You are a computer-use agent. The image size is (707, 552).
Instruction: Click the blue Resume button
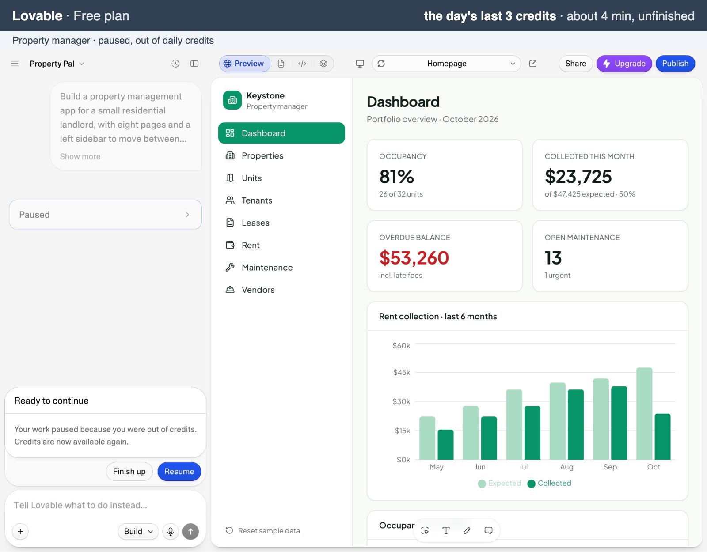[179, 471]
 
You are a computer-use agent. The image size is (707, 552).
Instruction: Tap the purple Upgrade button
[624, 64]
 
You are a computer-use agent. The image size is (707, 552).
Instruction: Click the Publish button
[675, 64]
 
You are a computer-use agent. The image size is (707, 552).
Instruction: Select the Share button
[575, 64]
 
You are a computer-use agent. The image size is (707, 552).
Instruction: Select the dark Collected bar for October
[662, 437]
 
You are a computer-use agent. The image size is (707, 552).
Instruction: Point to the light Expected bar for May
[427, 438]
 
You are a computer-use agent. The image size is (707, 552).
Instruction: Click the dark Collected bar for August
[576, 424]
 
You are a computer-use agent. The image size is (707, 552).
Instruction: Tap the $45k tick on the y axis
[402, 372]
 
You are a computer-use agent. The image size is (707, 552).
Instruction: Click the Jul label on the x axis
[523, 467]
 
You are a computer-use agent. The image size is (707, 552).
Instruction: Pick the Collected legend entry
[549, 483]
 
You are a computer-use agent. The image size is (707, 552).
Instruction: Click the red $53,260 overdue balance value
[414, 257]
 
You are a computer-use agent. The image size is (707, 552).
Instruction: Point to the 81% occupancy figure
[396, 177]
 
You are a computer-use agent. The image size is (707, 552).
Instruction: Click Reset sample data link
[262, 530]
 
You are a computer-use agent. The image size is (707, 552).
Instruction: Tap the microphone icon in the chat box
[171, 531]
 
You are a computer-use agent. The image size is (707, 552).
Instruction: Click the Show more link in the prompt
[80, 156]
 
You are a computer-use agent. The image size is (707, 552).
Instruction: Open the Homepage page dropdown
[446, 64]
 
